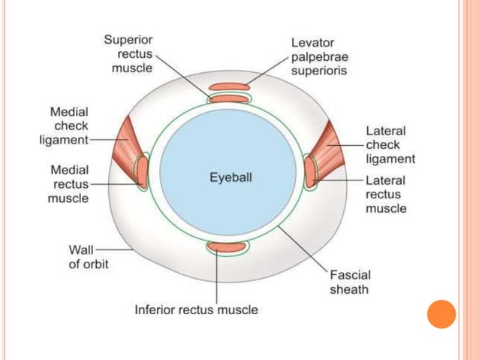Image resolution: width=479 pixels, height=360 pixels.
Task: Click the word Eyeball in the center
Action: (230, 179)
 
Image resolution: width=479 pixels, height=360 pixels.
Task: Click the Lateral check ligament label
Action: (390, 145)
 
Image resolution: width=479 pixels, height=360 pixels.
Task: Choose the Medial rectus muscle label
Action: (68, 184)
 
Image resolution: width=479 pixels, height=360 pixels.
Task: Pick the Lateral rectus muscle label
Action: (385, 194)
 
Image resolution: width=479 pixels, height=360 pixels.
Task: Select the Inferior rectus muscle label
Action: (196, 309)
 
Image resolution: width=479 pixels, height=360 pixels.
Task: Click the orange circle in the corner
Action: (441, 315)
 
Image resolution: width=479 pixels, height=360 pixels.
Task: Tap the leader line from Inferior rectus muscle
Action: (217, 278)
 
